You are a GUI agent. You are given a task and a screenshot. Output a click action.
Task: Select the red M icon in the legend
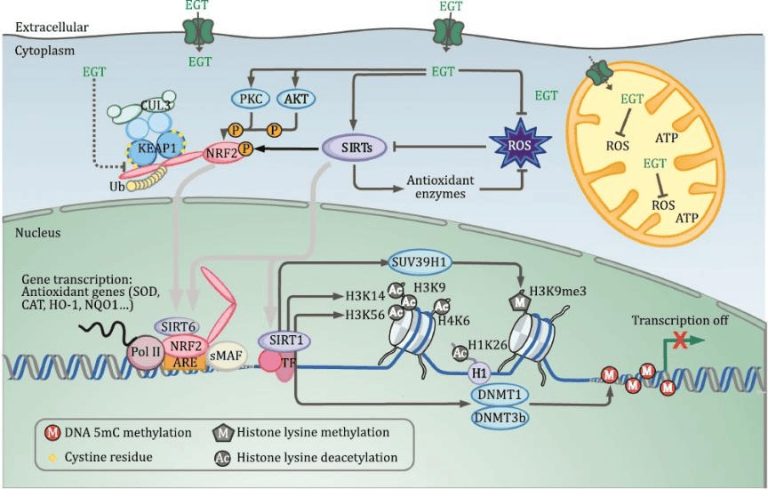pos(52,433)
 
